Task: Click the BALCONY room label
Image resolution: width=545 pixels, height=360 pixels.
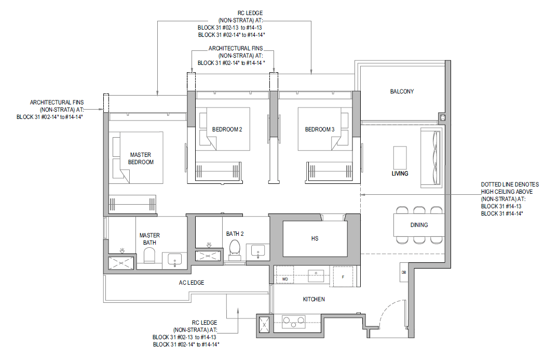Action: point(402,91)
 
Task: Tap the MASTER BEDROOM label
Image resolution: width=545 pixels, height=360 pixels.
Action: point(141,158)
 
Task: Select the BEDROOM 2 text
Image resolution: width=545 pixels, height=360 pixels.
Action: point(227,129)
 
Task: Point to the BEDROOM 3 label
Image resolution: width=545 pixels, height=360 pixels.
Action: point(320,129)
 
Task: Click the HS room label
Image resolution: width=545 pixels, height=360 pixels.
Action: point(315,238)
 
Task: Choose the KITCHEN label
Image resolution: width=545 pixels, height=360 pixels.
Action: point(314,299)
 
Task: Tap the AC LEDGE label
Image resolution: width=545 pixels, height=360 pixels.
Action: point(192,283)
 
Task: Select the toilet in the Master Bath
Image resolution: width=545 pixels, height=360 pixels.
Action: point(150,257)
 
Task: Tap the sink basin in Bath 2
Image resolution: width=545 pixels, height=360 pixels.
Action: point(258,251)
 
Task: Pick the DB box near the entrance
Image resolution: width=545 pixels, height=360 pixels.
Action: point(403,272)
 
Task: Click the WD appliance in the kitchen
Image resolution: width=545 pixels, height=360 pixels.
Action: point(284,274)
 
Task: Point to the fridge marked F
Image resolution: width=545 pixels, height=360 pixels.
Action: point(343,276)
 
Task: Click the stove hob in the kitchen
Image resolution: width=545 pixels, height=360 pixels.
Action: point(293,322)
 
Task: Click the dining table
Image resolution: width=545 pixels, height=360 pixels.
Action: point(419,225)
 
